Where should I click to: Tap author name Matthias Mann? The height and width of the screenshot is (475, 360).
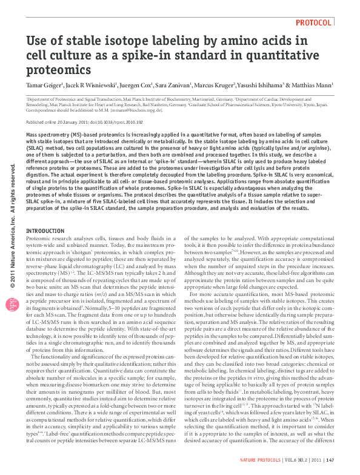click(x=312, y=86)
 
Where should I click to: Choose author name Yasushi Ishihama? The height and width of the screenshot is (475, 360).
click(x=259, y=86)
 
